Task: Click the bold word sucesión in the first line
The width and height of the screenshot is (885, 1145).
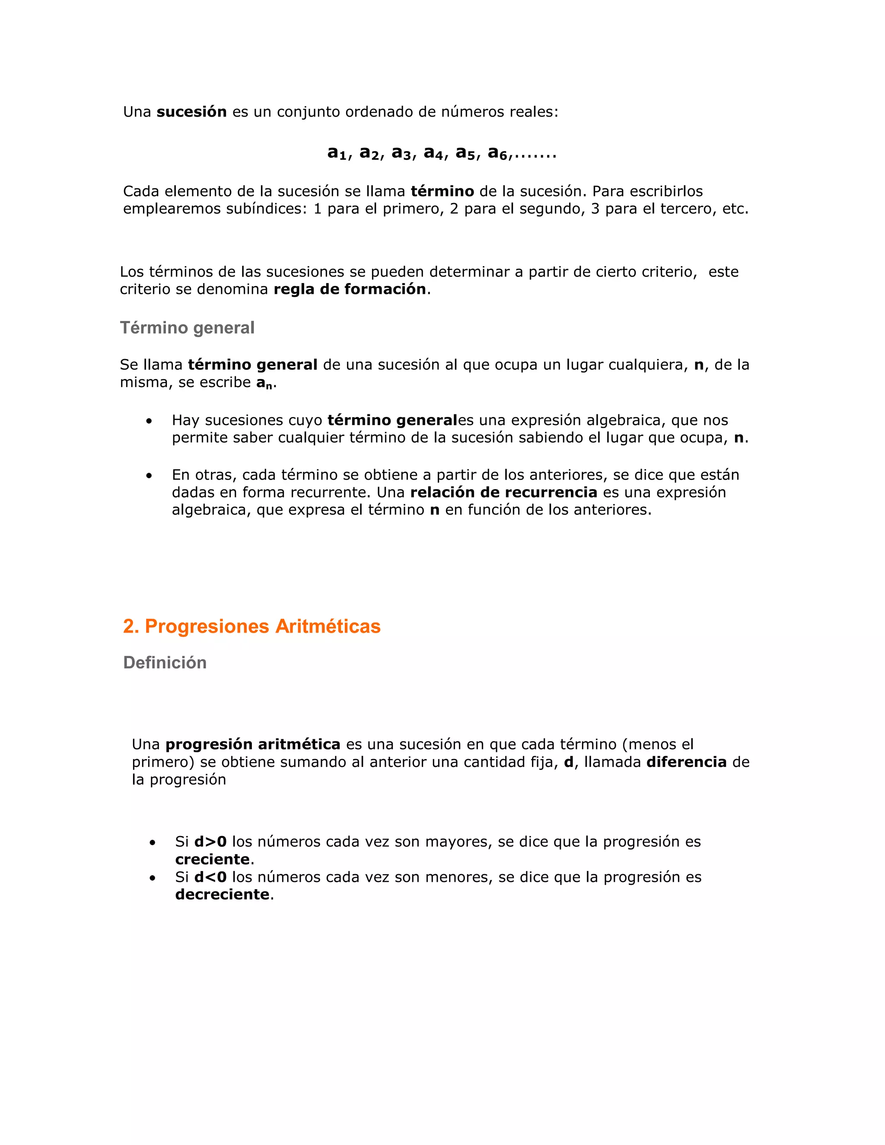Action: click(x=191, y=111)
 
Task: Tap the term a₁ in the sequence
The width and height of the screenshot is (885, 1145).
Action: click(x=337, y=153)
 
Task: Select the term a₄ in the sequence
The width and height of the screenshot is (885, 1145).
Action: click(x=433, y=153)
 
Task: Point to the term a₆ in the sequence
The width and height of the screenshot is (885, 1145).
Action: click(x=497, y=153)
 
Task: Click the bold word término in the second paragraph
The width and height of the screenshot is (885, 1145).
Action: click(x=442, y=191)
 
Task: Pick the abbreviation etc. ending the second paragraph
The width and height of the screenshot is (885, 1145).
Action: click(x=735, y=209)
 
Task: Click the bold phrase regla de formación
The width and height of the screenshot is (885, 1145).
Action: click(x=350, y=289)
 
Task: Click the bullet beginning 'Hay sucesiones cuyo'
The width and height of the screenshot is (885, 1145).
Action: click(x=150, y=421)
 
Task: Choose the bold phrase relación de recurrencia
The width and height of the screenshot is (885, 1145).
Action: click(x=503, y=492)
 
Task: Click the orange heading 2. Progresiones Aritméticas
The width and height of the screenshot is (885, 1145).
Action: click(x=251, y=626)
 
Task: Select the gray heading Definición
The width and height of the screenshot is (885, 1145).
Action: click(x=165, y=663)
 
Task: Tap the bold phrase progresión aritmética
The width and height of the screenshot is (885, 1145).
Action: click(x=253, y=744)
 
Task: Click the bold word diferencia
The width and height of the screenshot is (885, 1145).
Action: click(x=686, y=762)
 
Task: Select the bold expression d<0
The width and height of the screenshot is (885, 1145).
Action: click(x=210, y=877)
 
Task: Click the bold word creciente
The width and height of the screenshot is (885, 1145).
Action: click(x=212, y=859)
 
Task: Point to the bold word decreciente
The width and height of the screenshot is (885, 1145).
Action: click(x=222, y=894)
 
